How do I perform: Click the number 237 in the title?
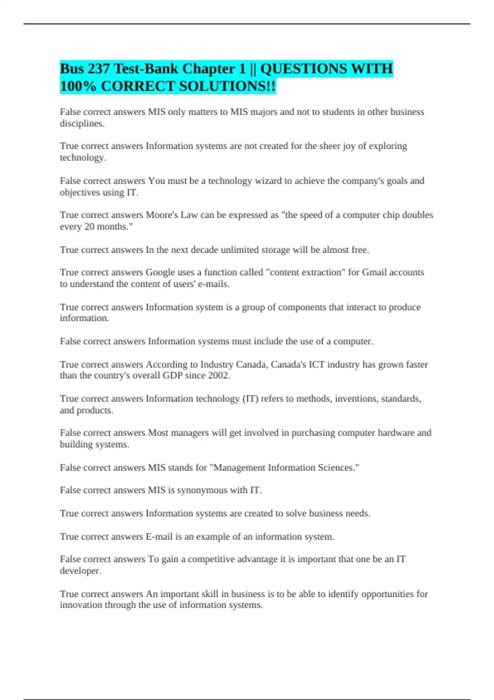[98, 68]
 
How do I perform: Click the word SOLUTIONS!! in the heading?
[234, 86]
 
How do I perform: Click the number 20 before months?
[89, 226]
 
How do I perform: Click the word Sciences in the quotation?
[338, 468]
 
